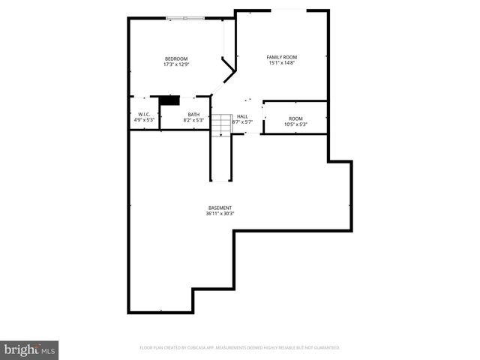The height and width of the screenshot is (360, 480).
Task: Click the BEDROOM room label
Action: (x=176, y=58)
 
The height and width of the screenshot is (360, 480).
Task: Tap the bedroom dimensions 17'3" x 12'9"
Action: (x=176, y=64)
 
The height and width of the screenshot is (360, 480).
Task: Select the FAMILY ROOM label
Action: (x=282, y=57)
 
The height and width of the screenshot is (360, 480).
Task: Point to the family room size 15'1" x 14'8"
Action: (x=282, y=63)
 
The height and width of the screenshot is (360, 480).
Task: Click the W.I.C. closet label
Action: (x=144, y=114)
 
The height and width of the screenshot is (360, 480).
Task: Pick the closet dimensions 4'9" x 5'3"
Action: (x=144, y=120)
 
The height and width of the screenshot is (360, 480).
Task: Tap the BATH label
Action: (x=193, y=114)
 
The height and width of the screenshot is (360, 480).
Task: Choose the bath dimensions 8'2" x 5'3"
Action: (x=193, y=120)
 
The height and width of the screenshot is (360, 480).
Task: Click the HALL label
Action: (x=242, y=116)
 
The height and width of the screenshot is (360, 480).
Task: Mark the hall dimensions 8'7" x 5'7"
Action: (x=242, y=121)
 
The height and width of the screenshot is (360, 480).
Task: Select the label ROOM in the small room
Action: (x=295, y=118)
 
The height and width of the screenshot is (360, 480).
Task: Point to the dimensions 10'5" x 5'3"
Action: (x=295, y=124)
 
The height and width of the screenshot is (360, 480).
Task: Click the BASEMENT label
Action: (x=220, y=208)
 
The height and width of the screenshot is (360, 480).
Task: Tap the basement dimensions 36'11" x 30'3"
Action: (x=220, y=214)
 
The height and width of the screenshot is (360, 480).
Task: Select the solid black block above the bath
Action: (x=170, y=100)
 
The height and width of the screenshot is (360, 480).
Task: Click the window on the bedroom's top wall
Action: (x=184, y=18)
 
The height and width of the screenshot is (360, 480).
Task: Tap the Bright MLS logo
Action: (x=30, y=349)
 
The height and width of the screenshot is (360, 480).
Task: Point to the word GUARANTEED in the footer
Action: (x=325, y=348)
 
